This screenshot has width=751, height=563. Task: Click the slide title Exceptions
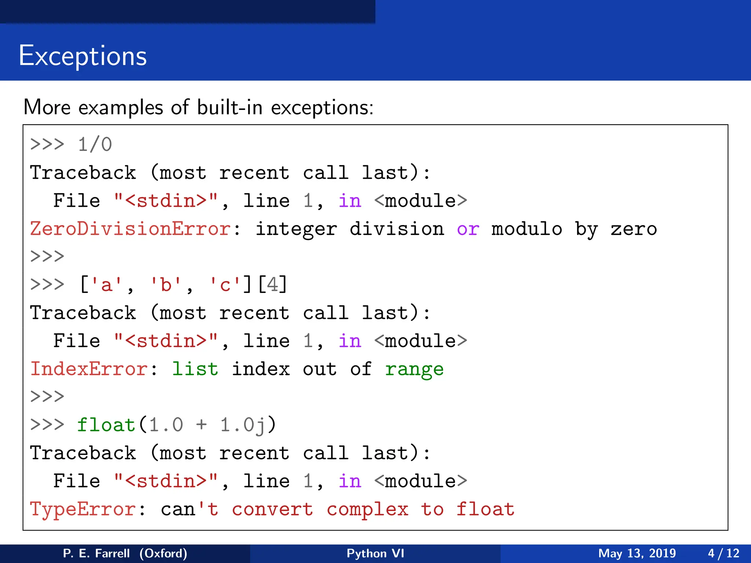(83, 56)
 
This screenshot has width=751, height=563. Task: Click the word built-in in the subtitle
(229, 108)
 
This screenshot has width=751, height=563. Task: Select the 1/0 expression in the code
(95, 144)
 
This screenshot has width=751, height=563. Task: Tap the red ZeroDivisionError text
(130, 229)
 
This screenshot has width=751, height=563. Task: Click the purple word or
(468, 229)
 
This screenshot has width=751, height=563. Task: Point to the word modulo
(527, 229)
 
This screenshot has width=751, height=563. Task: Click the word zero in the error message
(633, 229)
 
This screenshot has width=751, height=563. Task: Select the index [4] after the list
(272, 285)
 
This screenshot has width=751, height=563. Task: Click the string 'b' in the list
(166, 285)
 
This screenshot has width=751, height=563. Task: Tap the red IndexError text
(89, 369)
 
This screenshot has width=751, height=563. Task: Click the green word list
(195, 369)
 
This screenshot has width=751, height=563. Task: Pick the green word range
(414, 369)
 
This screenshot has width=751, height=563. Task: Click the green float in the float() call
(106, 425)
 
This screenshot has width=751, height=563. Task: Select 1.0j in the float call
(243, 425)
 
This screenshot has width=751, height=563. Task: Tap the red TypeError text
(83, 509)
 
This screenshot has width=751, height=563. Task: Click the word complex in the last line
(367, 509)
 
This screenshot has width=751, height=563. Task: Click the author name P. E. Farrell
(96, 553)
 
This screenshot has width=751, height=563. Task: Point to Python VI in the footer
(375, 553)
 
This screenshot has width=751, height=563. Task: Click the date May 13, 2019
(637, 553)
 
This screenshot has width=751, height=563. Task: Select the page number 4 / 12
(723, 553)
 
